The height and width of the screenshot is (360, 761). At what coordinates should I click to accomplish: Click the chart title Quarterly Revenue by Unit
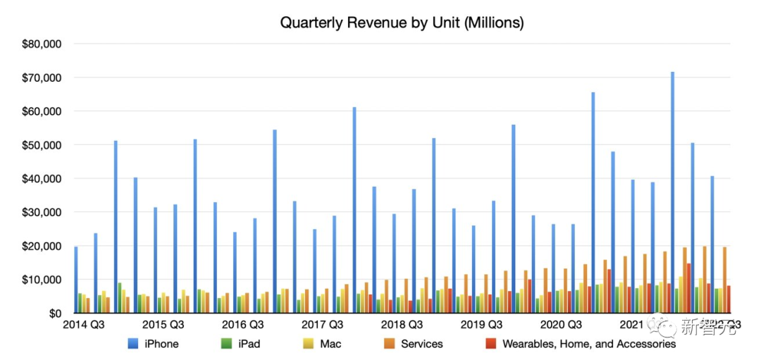tap(402, 23)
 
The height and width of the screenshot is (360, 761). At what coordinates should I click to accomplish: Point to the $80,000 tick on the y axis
tap(42, 44)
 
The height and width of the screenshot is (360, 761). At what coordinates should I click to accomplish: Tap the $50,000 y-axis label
tap(42, 145)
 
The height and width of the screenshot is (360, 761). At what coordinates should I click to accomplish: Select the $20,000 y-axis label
tap(42, 246)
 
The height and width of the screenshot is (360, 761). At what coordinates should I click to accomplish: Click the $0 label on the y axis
tap(52, 314)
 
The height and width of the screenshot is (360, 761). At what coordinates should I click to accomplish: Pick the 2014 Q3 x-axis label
tap(85, 325)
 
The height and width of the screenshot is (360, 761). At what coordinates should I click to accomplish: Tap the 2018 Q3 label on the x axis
tap(402, 325)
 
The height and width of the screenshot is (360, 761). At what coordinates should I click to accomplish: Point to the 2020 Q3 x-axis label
tap(561, 325)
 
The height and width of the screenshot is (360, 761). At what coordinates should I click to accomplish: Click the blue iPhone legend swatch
tap(132, 345)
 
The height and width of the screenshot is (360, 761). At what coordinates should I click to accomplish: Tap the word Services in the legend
tap(422, 345)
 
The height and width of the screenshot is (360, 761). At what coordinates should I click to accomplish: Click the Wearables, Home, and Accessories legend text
tap(589, 345)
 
